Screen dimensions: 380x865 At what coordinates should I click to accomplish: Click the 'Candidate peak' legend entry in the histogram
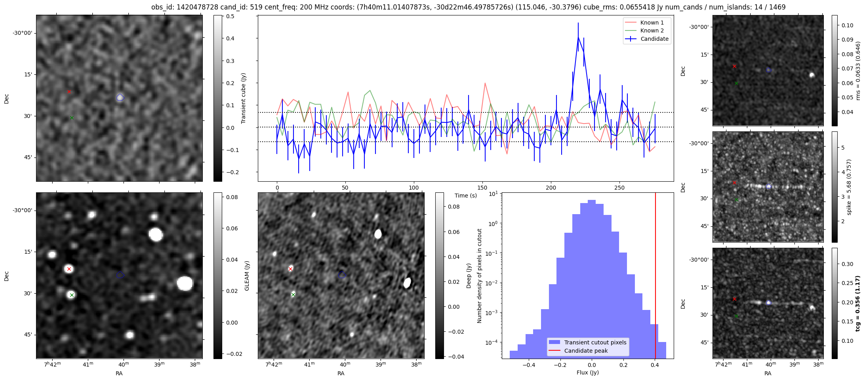[586, 351]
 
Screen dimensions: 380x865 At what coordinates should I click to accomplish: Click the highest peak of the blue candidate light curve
[578, 37]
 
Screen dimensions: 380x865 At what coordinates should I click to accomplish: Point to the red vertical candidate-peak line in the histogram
[655, 277]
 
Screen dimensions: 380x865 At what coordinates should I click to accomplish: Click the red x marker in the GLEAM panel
[69, 269]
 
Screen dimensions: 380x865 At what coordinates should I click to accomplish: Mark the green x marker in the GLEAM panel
[72, 295]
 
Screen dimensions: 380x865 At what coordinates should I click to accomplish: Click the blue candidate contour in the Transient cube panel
[120, 97]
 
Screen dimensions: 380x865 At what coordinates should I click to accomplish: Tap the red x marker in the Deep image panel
[290, 269]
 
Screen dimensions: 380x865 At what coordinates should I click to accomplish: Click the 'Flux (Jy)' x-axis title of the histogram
[588, 372]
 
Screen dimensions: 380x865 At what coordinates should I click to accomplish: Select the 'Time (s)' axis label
[465, 196]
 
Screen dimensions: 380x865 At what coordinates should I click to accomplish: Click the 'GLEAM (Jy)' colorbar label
[247, 276]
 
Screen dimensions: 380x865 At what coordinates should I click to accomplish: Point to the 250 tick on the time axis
[619, 188]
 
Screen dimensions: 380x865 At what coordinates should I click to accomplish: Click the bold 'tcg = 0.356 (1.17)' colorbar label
[857, 304]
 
